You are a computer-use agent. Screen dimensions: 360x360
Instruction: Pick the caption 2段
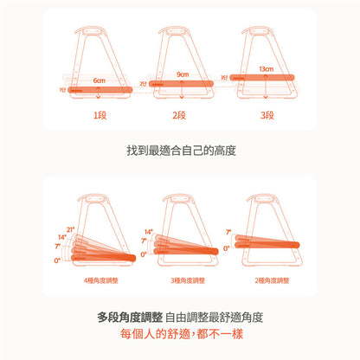click(x=180, y=114)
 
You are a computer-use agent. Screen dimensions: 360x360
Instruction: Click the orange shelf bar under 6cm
click(x=96, y=90)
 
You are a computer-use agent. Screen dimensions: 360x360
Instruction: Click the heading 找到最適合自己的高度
click(x=180, y=151)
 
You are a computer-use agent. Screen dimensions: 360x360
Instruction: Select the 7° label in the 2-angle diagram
click(x=228, y=233)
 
